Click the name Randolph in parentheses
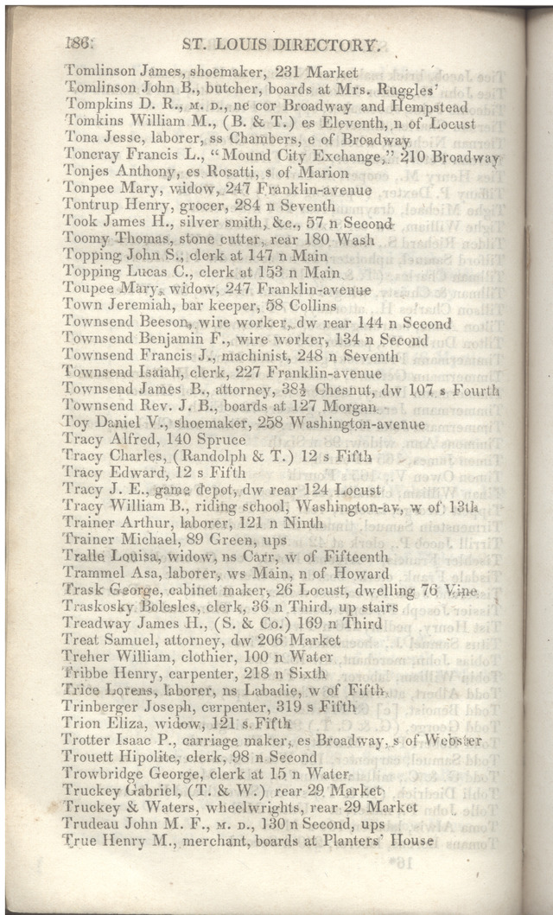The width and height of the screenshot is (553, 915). click(213, 456)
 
